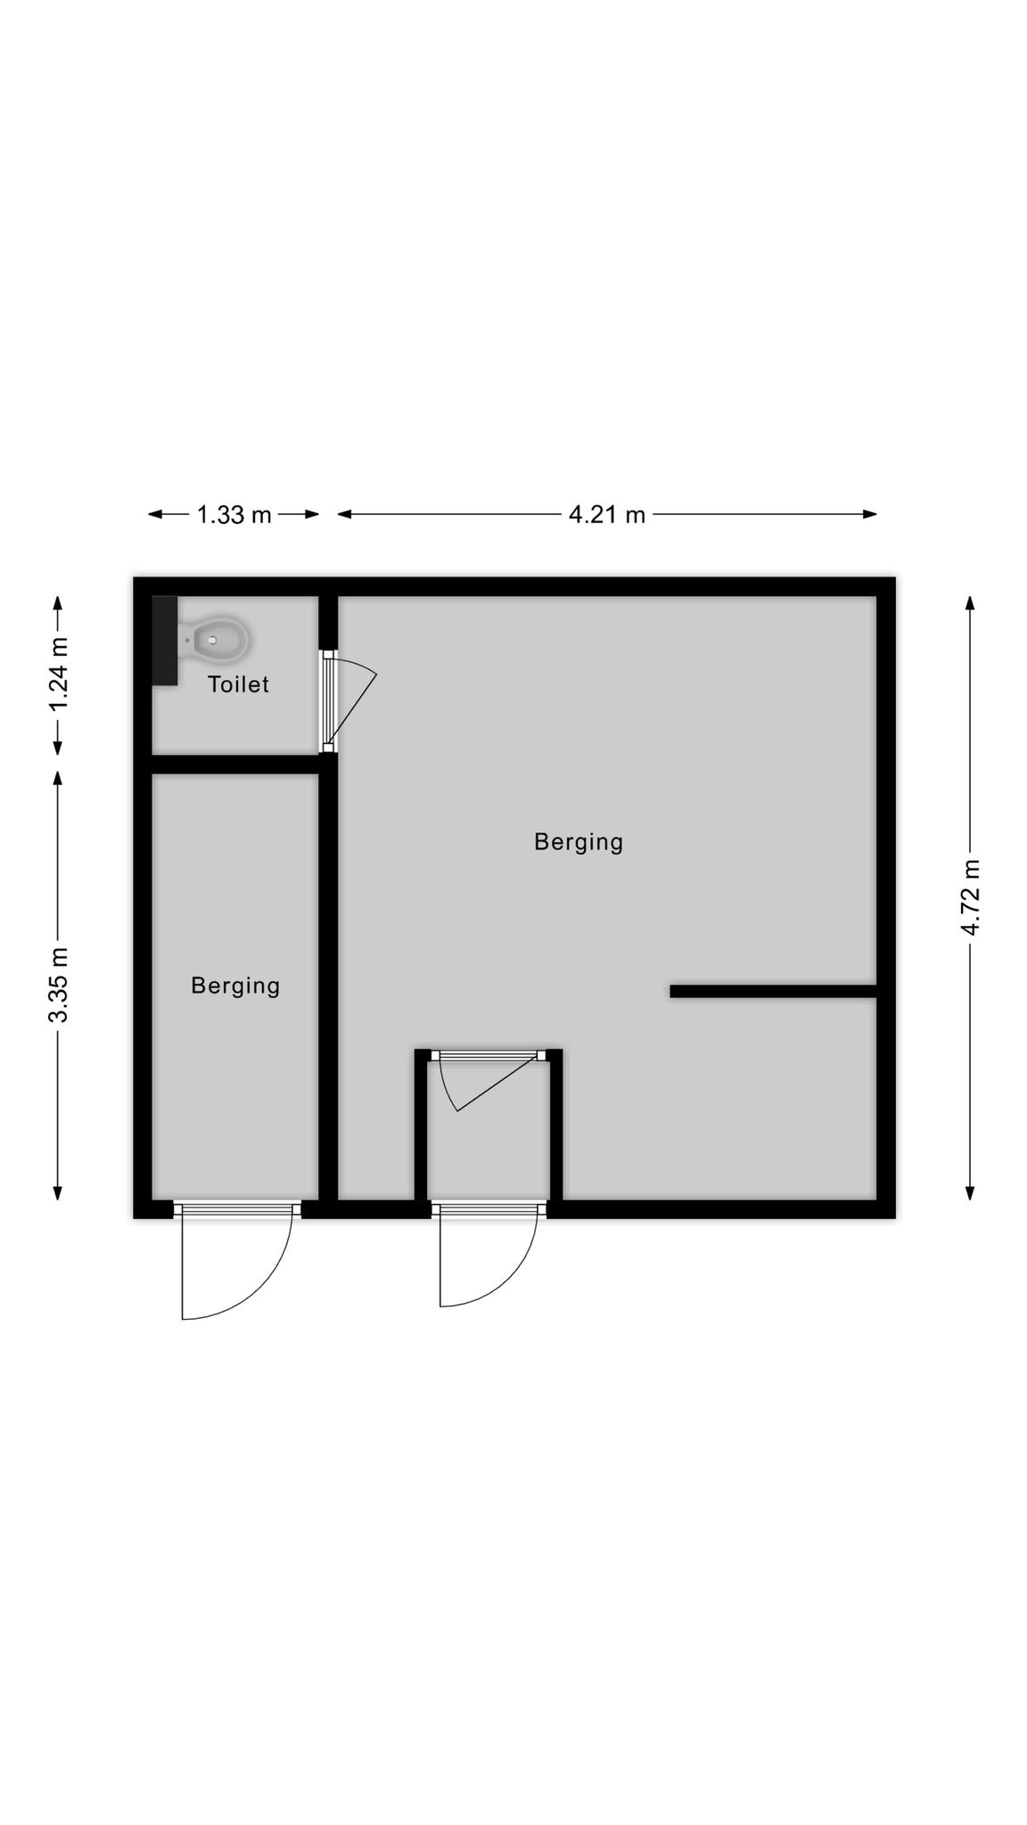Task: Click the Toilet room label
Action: [x=238, y=684]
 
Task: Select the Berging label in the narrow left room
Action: [x=235, y=986]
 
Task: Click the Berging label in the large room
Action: [x=579, y=843]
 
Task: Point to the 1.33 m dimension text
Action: [x=234, y=515]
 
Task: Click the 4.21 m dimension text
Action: [x=607, y=515]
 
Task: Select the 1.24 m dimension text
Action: [x=59, y=675]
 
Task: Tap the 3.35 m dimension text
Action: [x=59, y=986]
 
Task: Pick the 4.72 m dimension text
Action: [x=971, y=897]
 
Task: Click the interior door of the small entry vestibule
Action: [x=489, y=1080]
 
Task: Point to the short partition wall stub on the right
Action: [x=774, y=992]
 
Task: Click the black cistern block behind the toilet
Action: [x=165, y=641]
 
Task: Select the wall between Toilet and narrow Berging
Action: [x=235, y=765]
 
